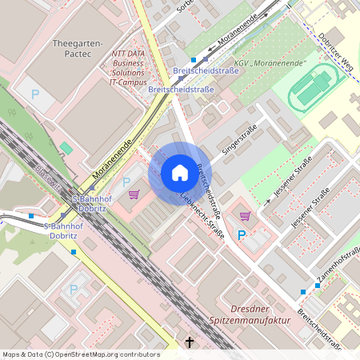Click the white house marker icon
(x=179, y=173)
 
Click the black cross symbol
(x=190, y=342)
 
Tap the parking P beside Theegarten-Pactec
(x=35, y=94)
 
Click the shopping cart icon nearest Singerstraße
(x=244, y=215)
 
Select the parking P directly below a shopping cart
(x=242, y=235)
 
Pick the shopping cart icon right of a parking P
(x=134, y=194)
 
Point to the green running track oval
(x=311, y=86)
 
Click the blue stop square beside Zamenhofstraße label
(x=304, y=292)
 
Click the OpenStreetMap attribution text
(x=80, y=354)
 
